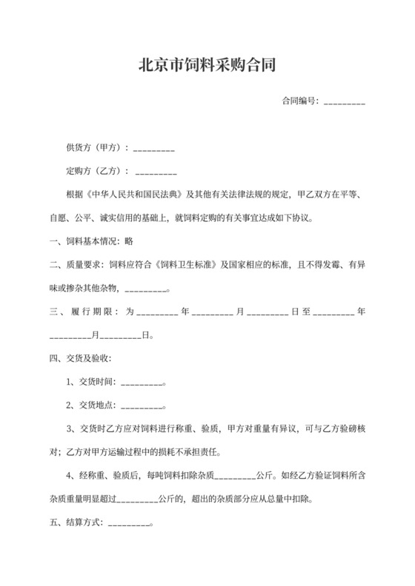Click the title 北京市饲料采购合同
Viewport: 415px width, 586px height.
pyautogui.click(x=207, y=65)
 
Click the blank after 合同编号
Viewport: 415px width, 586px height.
pyautogui.click(x=345, y=101)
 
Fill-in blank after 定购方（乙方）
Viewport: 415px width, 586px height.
pyautogui.click(x=156, y=172)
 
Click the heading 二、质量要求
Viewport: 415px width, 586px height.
pyautogui.click(x=76, y=265)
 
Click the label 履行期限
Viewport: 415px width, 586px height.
pyautogui.click(x=94, y=311)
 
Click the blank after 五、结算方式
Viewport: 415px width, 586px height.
pyautogui.click(x=129, y=522)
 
